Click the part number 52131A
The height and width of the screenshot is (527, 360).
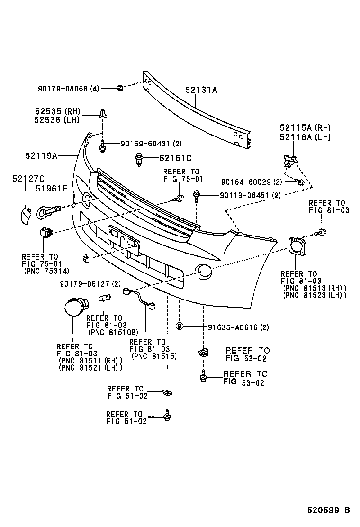[x=201, y=90]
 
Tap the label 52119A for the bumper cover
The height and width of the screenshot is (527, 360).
[x=41, y=155]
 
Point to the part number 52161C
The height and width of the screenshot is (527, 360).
[x=175, y=158]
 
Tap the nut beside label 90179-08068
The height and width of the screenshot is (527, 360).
[x=120, y=87]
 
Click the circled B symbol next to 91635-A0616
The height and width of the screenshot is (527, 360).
[x=180, y=326]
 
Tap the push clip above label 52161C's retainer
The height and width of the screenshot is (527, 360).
[x=139, y=159]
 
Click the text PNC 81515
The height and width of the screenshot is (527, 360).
[x=153, y=356]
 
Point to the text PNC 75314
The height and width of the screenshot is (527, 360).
[x=46, y=271]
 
